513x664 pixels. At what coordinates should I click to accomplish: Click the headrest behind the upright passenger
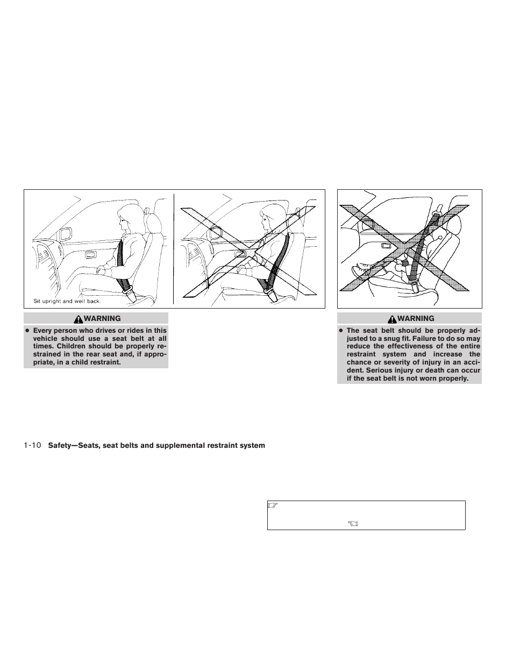[154, 223]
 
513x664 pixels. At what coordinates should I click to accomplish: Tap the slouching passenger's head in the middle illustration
[269, 220]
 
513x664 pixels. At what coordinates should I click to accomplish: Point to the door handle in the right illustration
[385, 246]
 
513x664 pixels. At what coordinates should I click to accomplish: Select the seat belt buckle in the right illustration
[414, 288]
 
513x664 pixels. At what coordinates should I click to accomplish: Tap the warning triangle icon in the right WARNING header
[394, 319]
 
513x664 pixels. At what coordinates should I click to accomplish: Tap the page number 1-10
[33, 445]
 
